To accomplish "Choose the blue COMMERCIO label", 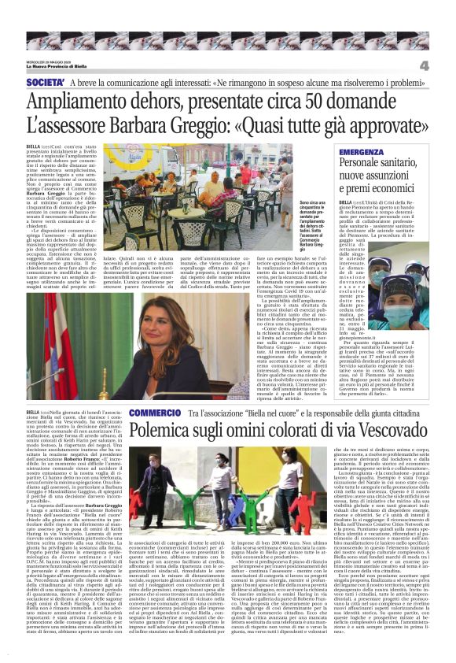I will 155,413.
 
